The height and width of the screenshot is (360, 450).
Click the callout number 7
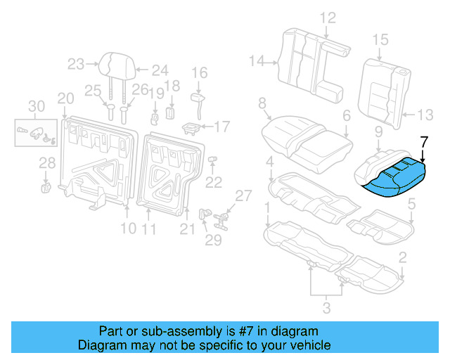coord(423,141)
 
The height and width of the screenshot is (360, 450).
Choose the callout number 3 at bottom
coord(326,306)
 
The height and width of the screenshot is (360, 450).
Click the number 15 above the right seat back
coord(380,39)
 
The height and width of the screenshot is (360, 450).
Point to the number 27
coord(243,195)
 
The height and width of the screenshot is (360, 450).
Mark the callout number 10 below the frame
coord(127,229)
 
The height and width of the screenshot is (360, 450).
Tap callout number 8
coord(262,104)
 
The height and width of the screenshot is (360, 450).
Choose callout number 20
coord(65,98)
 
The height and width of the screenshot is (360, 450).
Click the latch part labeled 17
coord(191,127)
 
